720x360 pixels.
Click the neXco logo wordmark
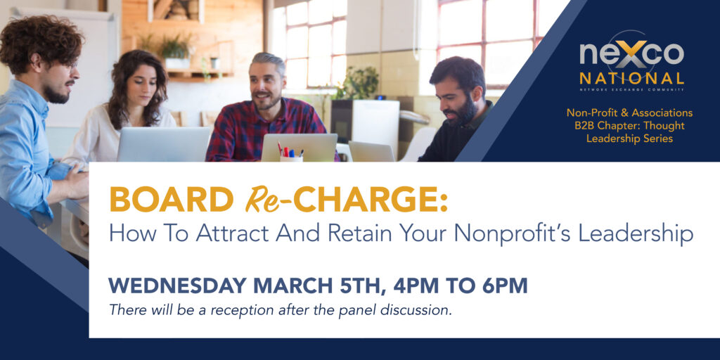(x=632, y=53)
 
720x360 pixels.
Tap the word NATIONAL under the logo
(x=632, y=78)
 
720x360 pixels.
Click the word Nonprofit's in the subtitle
(x=514, y=235)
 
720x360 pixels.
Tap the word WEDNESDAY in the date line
(x=178, y=285)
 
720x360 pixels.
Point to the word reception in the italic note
(x=248, y=310)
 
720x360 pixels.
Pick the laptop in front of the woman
(x=163, y=144)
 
